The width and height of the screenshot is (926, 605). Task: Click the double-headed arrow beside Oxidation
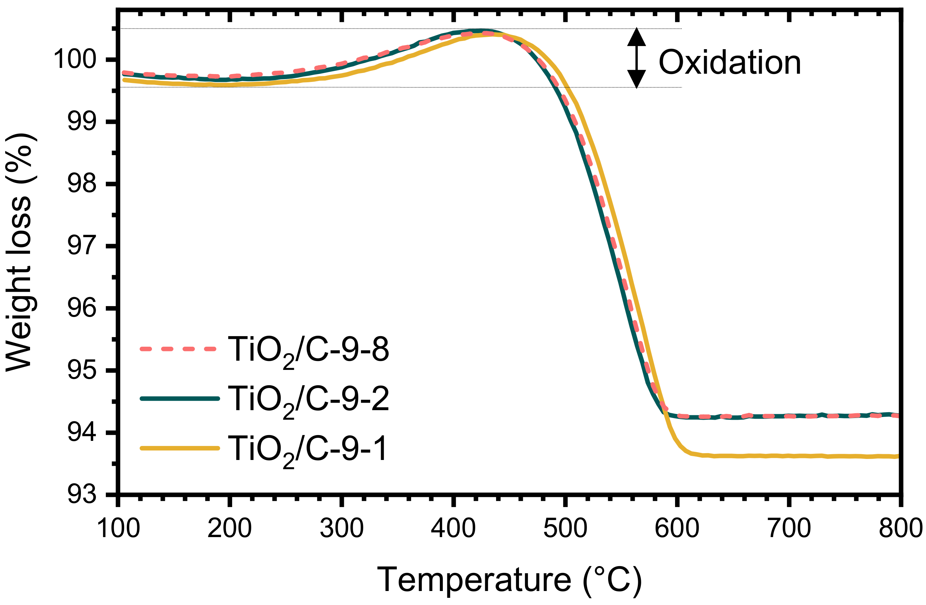point(636,58)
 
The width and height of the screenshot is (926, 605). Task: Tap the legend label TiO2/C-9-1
point(307,449)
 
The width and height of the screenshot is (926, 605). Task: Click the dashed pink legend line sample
point(178,348)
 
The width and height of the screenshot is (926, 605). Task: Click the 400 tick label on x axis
point(453,529)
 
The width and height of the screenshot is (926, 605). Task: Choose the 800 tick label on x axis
point(900,529)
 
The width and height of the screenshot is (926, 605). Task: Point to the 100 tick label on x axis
point(118,529)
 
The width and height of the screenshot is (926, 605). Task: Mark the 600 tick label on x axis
point(677,529)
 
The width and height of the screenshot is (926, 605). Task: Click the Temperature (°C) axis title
point(509,580)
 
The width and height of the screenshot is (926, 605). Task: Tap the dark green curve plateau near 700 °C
point(789,416)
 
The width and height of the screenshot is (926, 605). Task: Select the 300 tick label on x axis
point(341,529)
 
